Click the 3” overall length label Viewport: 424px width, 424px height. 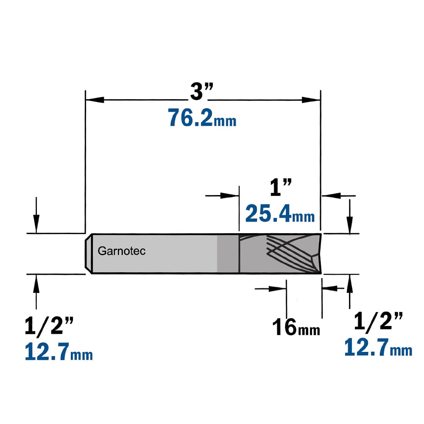click(x=202, y=92)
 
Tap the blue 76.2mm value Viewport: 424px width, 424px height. click(x=202, y=117)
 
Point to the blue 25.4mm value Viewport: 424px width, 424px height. click(x=280, y=213)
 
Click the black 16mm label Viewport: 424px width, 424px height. click(x=296, y=327)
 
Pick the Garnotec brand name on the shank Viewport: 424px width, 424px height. click(x=122, y=251)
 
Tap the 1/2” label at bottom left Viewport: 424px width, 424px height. click(x=49, y=326)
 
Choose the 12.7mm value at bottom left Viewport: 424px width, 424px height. click(x=59, y=351)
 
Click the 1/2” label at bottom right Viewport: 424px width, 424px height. click(x=378, y=321)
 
